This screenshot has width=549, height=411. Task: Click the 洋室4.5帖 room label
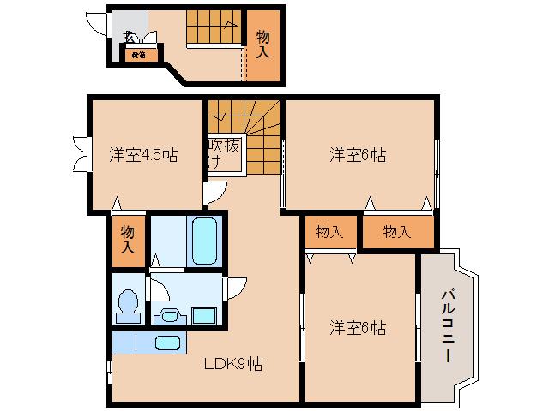click(143, 156)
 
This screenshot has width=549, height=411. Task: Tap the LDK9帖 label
click(232, 364)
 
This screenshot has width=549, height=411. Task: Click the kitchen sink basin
click(166, 343)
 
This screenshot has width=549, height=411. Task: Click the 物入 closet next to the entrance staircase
click(263, 45)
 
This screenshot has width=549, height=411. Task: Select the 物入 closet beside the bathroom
click(128, 240)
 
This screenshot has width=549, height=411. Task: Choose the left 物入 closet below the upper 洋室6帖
click(329, 232)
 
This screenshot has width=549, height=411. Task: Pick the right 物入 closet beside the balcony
click(396, 232)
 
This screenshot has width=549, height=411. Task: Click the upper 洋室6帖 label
click(358, 156)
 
